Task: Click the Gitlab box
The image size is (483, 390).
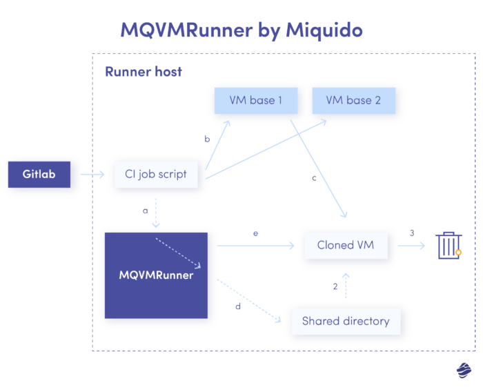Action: coord(39,174)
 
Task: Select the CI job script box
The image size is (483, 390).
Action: coord(156,174)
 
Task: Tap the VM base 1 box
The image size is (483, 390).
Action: coord(255,100)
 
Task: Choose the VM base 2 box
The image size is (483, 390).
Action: coord(353,100)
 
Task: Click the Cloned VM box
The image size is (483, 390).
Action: coord(345,245)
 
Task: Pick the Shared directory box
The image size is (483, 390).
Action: coord(346,321)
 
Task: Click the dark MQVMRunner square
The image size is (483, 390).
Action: coord(156,275)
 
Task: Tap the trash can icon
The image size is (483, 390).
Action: coord(448,245)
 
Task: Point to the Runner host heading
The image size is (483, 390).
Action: coord(144,71)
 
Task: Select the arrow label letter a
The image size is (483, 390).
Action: coord(146,210)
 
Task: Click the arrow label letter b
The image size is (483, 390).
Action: coord(207,139)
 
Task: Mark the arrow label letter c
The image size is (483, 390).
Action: coord(314,178)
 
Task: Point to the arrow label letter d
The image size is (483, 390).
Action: coord(238,306)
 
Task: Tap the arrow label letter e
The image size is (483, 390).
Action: coord(255,233)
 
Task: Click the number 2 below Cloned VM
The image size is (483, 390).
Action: coord(335,286)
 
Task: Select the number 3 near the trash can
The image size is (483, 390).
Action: coord(412,233)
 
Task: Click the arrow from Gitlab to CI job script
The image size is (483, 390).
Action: coord(92,175)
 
